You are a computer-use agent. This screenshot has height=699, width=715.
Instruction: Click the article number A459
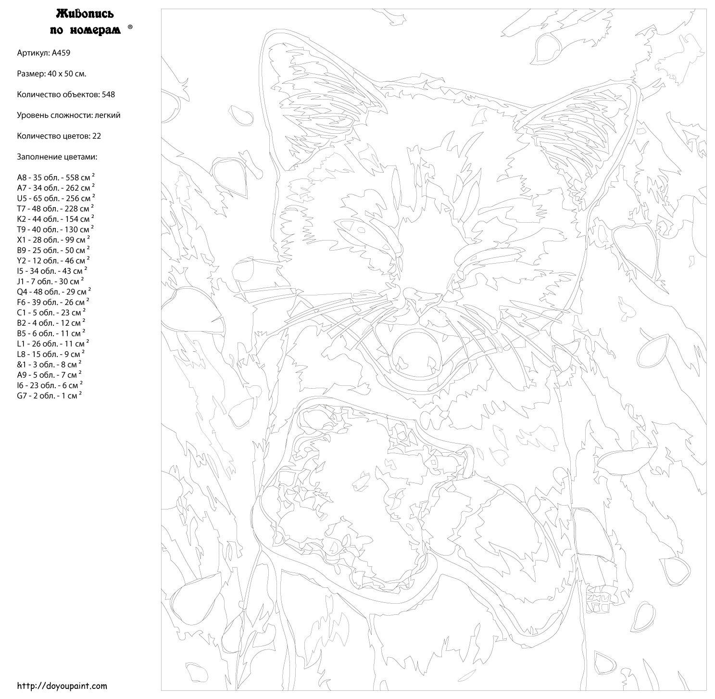(61, 53)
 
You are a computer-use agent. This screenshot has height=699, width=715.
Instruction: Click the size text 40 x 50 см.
(67, 74)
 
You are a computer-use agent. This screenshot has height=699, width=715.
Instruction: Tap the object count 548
(108, 94)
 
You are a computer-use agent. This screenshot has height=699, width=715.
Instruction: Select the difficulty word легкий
(107, 115)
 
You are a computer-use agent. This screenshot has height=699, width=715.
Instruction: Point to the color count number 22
(97, 136)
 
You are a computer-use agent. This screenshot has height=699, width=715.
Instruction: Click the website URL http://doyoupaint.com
(62, 686)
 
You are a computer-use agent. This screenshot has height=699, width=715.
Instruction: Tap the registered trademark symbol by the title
(130, 27)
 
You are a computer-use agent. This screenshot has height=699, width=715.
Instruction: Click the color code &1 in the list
(22, 365)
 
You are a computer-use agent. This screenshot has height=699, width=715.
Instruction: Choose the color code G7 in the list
(22, 396)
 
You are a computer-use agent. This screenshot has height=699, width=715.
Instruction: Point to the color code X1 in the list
(22, 240)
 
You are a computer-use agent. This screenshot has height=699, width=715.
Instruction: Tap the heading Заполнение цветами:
(57, 157)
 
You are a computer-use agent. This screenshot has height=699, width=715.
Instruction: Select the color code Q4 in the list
(22, 292)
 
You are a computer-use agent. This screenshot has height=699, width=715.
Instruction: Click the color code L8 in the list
(21, 355)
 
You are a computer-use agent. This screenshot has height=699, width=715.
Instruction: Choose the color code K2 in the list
(22, 219)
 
